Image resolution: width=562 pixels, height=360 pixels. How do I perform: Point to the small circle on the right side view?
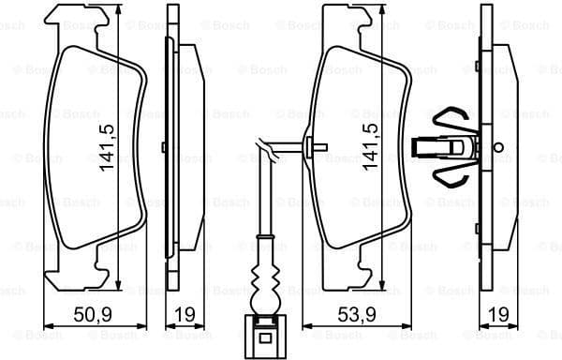pos(498,146)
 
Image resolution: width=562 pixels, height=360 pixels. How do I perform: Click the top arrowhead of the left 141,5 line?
pos(119,7)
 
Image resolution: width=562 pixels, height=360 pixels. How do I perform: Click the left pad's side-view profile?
pos(174,145)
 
